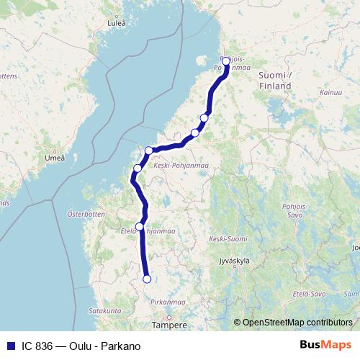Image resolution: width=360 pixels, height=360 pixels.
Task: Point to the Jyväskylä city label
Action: (238, 263)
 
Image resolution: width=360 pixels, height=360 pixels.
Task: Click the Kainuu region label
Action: (332, 93)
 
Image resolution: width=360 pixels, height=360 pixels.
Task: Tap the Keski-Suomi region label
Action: (228, 238)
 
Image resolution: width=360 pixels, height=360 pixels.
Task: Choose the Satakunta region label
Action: (105, 310)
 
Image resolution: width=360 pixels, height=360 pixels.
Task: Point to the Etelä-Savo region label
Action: (309, 294)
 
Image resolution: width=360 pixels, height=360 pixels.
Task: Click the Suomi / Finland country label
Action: (274, 80)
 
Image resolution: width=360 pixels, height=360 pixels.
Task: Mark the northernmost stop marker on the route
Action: (225, 60)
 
